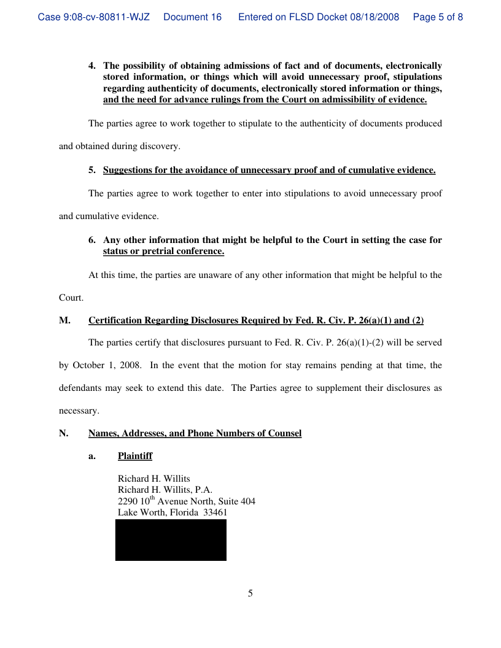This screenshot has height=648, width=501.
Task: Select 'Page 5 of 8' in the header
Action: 438,17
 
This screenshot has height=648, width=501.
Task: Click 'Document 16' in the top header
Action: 192,17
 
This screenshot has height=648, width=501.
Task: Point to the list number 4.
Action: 92,66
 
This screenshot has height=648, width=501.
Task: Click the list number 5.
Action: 92,170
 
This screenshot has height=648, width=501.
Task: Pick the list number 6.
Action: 92,240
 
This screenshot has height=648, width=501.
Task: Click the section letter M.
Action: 63,320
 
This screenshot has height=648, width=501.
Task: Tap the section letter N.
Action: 63,433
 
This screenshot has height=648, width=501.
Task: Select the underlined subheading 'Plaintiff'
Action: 135,456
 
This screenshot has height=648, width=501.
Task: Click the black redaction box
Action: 171,540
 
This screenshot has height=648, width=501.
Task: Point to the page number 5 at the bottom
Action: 250,593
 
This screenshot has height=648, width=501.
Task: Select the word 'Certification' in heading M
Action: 115,320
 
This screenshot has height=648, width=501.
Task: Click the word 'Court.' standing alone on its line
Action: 71,298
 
